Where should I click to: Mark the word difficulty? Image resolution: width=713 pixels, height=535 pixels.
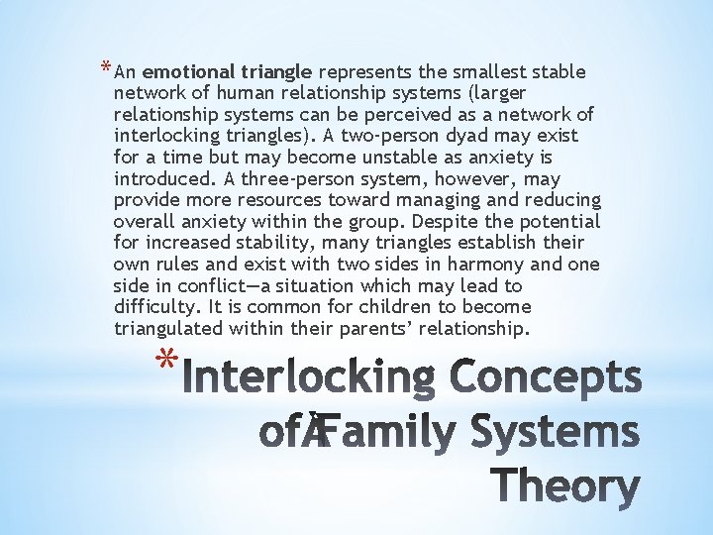[x=154, y=307]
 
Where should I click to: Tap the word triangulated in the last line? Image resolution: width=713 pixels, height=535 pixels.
[x=167, y=329]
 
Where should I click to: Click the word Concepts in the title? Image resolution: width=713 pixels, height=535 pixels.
[x=546, y=379]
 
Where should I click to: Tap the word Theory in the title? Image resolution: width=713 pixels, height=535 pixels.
[x=566, y=486]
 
